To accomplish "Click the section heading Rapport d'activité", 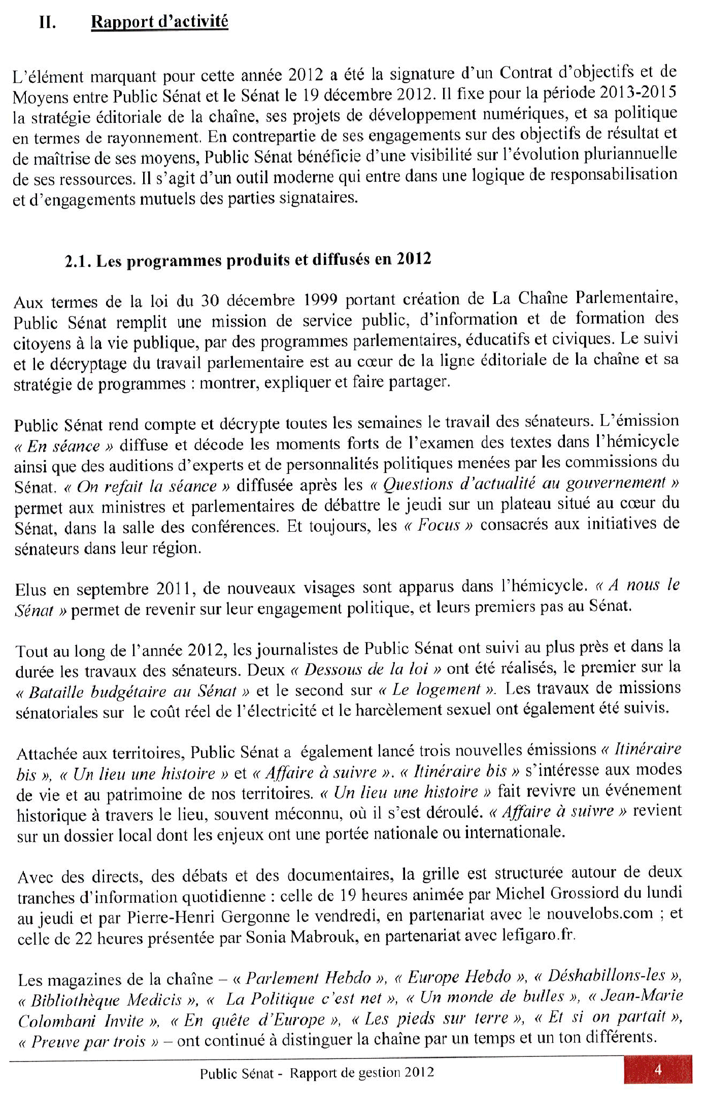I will (x=159, y=22).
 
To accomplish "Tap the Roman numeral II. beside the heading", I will (x=47, y=23).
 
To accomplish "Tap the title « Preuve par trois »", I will (x=89, y=1042).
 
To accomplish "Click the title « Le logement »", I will (x=437, y=689).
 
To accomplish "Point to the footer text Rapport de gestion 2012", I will (x=362, y=1072).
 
